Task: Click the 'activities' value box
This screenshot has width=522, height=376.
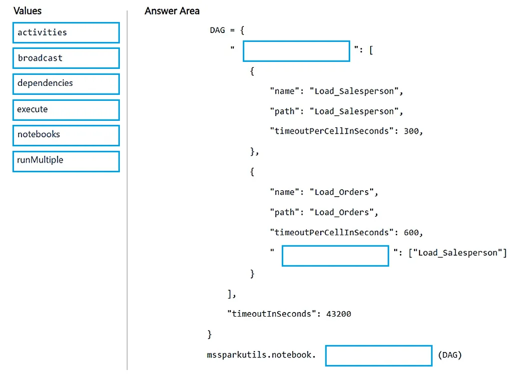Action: tap(66, 32)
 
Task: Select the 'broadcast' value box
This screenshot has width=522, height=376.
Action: tap(66, 58)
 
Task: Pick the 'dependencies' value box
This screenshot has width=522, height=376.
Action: tap(66, 84)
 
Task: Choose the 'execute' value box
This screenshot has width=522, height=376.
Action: tap(66, 110)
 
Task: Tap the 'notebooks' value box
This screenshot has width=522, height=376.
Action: tap(66, 135)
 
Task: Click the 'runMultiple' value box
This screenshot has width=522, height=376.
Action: tap(66, 161)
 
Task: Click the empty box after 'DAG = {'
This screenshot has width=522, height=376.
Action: tap(296, 51)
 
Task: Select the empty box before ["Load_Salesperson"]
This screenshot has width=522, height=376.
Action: tap(335, 256)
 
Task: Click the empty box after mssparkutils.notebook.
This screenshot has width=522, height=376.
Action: tap(379, 356)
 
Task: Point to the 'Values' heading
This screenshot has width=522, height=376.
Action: tap(27, 11)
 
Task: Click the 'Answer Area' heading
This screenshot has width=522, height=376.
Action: tap(172, 11)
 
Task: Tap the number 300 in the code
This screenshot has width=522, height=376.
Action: tap(411, 131)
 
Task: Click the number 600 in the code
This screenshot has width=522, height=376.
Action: tap(411, 233)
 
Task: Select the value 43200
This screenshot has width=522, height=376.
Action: tap(339, 314)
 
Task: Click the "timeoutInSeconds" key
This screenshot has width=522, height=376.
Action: tap(271, 314)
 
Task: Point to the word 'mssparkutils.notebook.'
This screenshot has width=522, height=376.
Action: tap(261, 355)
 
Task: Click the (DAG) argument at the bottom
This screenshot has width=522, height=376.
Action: tap(450, 355)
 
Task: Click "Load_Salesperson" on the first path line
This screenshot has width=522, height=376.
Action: tap(354, 111)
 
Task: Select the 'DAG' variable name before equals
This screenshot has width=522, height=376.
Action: tap(217, 30)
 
